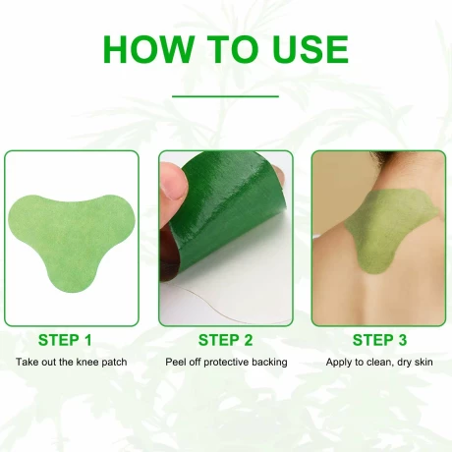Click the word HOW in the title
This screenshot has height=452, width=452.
coord(148,49)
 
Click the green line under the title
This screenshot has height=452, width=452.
coord(225,96)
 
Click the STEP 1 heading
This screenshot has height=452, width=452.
coord(65,340)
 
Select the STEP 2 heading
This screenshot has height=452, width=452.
coord(225,340)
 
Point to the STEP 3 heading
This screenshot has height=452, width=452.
coord(379,340)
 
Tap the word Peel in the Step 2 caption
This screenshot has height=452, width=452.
coord(172,362)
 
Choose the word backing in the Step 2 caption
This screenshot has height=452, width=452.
coord(269,363)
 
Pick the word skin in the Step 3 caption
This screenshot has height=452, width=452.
coord(424,362)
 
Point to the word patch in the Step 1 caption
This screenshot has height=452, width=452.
coord(115,363)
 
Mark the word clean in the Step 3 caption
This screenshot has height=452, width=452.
coord(380,362)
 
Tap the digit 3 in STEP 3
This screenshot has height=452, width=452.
coord(402,340)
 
